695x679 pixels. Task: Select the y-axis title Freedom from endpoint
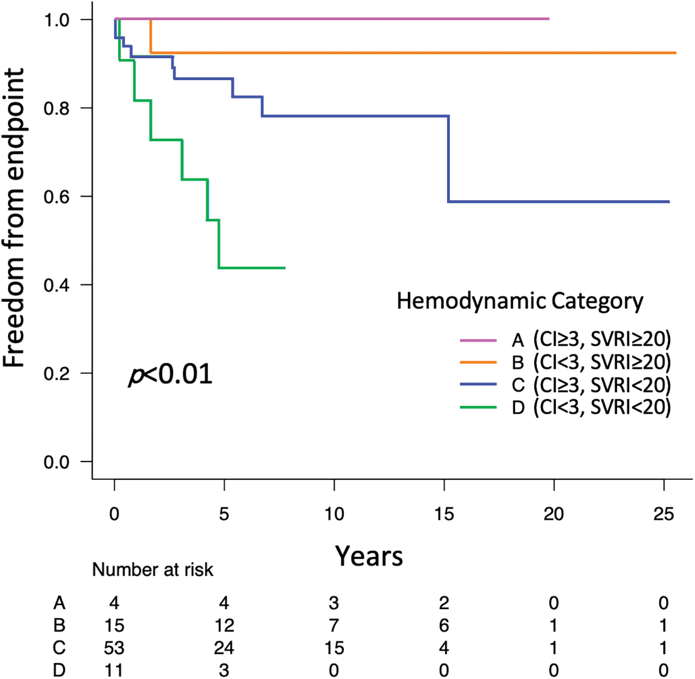(x=15, y=218)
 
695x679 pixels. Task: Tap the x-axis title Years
(x=369, y=556)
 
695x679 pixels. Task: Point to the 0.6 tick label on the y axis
(x=59, y=197)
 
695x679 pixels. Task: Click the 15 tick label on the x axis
(x=444, y=513)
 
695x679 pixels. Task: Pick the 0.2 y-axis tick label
(x=59, y=373)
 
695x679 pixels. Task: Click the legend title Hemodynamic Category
(x=520, y=301)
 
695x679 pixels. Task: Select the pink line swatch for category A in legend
(x=478, y=340)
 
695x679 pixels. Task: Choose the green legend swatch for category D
(x=478, y=407)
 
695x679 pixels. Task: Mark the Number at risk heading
(x=153, y=570)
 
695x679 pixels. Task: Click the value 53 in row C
(x=114, y=648)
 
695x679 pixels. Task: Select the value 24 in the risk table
(x=224, y=648)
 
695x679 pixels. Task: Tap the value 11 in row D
(x=114, y=670)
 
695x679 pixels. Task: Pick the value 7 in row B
(x=334, y=626)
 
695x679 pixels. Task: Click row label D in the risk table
(x=59, y=670)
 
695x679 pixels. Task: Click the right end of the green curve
(x=284, y=268)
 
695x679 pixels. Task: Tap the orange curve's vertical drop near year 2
(x=151, y=36)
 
